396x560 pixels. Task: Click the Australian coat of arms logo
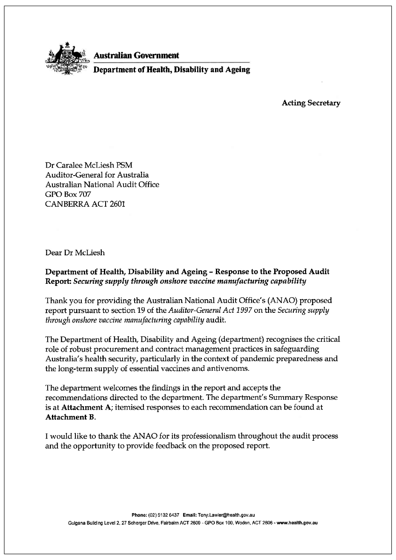66,60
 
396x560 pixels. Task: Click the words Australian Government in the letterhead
136,55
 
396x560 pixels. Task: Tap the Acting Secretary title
311,103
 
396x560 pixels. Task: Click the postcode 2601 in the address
117,204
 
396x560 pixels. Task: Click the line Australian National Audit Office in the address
102,185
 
